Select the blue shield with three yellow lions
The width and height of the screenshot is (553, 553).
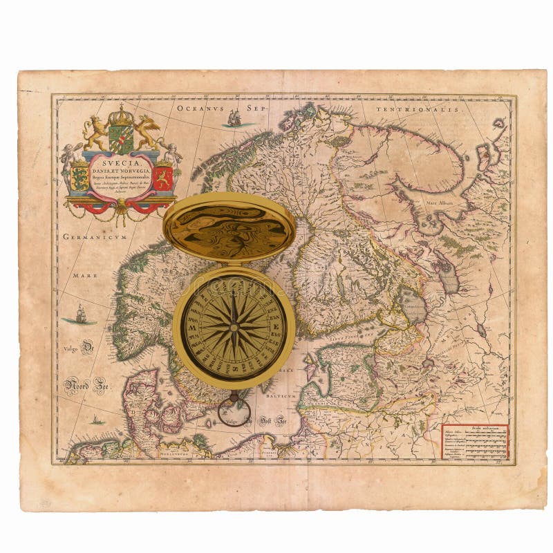point(80,176)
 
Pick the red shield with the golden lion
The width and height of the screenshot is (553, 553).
point(162,177)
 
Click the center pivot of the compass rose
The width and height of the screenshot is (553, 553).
point(234,327)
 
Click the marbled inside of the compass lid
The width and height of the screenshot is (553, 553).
point(229,230)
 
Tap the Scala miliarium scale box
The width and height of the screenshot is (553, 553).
point(475,441)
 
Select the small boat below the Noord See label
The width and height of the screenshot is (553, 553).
point(95,420)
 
